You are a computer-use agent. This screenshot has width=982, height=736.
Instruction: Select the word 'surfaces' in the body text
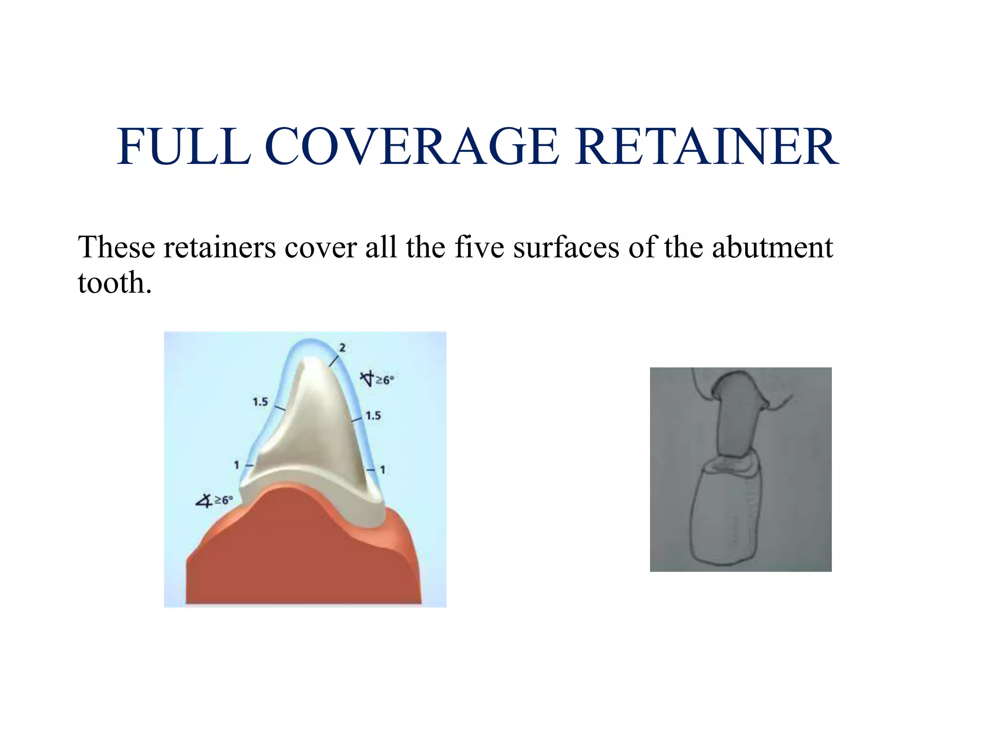[566, 248]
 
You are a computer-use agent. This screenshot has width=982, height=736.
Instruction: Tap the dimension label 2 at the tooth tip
[342, 348]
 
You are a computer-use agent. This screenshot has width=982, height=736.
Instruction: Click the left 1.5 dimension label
[260, 402]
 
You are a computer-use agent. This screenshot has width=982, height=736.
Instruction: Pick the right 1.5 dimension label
[373, 416]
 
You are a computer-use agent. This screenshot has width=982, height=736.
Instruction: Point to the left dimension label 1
[236, 465]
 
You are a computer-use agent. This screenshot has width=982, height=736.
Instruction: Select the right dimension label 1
[383, 470]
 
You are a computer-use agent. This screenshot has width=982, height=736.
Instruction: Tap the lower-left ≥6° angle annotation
[215, 500]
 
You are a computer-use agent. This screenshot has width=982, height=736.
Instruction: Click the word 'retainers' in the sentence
[220, 248]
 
